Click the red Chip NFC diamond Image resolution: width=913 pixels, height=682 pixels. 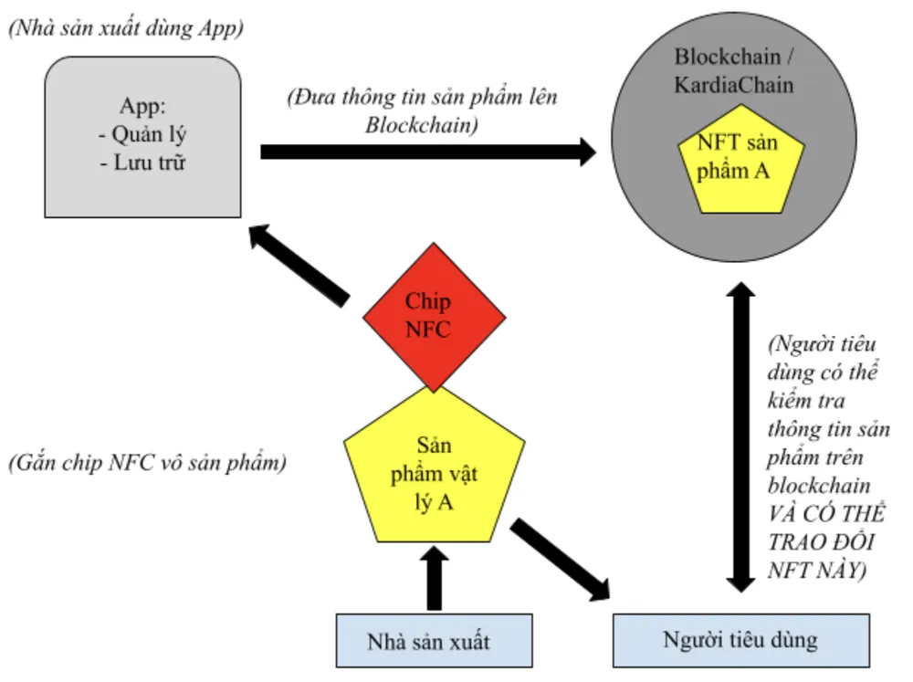[434, 316]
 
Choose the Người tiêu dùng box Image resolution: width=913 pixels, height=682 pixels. [740, 640]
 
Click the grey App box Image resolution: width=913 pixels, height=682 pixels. [142, 137]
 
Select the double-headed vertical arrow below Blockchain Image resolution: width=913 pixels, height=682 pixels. [740, 438]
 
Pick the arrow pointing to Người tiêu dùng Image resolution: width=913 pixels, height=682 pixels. [561, 560]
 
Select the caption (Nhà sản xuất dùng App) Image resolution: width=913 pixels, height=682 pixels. [126, 28]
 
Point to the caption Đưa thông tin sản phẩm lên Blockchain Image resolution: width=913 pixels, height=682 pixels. [422, 110]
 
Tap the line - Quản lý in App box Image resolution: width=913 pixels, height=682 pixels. [142, 135]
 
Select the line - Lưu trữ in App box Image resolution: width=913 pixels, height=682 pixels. [142, 163]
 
